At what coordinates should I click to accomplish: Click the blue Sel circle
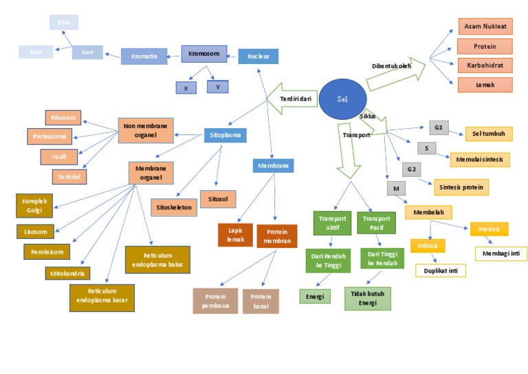[342, 98]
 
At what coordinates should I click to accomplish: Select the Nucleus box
[258, 56]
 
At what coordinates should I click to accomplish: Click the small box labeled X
[186, 87]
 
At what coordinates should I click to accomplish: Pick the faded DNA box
[64, 22]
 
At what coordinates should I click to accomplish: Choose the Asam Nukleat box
[485, 26]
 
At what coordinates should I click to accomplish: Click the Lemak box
[485, 84]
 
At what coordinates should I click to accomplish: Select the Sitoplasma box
[225, 135]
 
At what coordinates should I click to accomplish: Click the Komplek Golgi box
[34, 205]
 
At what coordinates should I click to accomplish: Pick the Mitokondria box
[68, 273]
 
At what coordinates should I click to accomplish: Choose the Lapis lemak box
[235, 235]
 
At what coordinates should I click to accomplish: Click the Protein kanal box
[261, 300]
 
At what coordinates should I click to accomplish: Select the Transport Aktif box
[330, 222]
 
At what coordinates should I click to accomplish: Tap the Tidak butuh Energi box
[367, 298]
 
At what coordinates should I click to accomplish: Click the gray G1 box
[439, 127]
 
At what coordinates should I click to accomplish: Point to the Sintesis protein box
[461, 187]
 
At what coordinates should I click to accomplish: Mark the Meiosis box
[489, 229]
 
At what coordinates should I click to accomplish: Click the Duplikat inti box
[440, 270]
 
